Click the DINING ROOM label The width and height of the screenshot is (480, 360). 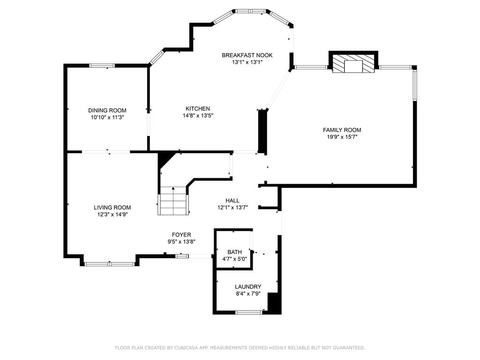107,111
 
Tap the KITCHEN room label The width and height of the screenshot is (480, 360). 198,109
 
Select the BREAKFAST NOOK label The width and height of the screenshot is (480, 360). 247,55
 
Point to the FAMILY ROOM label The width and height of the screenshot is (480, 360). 342,130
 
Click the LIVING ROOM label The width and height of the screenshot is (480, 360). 112,208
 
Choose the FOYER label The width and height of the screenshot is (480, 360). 181,235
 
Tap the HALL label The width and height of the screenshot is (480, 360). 232,201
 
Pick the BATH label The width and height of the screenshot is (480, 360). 234,252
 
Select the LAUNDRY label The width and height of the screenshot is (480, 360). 248,287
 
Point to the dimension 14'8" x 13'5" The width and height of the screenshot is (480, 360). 198,116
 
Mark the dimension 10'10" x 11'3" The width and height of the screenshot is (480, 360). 107,118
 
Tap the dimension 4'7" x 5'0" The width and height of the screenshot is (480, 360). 234,259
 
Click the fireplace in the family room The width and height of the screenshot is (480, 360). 353,64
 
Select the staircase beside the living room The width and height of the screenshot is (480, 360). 173,201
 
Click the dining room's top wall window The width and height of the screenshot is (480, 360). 102,66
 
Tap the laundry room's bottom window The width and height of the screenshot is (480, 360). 248,312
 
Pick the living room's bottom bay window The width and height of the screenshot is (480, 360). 110,264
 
